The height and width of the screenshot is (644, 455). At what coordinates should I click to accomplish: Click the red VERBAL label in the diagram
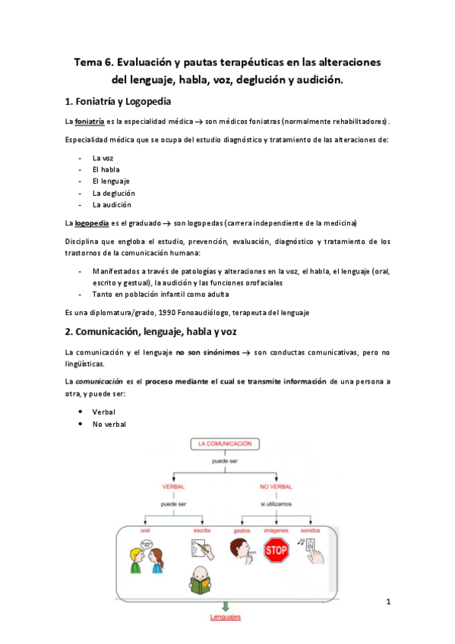tap(174, 486)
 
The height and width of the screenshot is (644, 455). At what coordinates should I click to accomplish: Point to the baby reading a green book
tap(201, 583)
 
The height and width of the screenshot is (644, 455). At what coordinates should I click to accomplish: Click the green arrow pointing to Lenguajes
tap(225, 605)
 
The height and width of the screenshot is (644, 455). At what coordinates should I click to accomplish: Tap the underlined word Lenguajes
tap(226, 617)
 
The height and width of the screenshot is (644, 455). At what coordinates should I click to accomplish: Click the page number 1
tap(388, 603)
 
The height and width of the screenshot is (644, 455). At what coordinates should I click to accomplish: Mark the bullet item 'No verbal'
tap(109, 424)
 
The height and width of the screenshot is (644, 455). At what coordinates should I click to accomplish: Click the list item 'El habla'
tap(106, 169)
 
